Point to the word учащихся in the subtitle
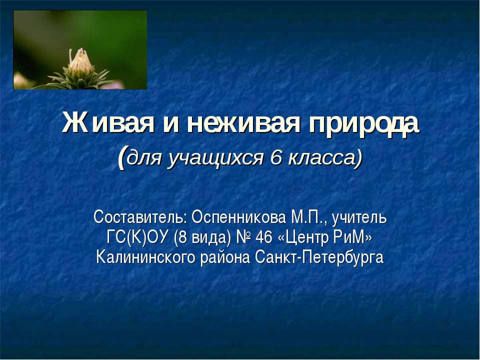[x=218, y=158]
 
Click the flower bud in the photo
[x=79, y=61]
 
